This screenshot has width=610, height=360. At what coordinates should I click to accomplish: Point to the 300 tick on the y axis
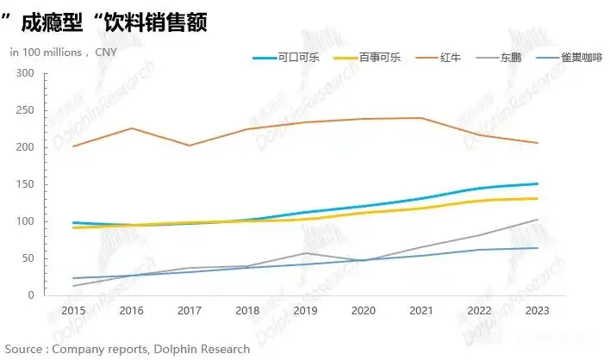tap(48, 73)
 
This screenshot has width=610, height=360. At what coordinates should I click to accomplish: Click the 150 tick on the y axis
tap(48, 184)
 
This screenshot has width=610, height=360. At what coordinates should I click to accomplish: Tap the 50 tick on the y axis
tap(51, 258)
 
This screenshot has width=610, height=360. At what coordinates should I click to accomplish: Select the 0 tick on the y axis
tap(53, 295)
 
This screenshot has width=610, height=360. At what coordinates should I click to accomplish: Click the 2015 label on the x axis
tap(73, 310)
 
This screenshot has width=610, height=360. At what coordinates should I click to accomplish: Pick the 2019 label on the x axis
tap(304, 310)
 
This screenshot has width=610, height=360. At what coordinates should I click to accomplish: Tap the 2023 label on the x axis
tap(538, 310)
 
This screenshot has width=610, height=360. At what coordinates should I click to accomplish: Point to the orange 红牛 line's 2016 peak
tap(131, 128)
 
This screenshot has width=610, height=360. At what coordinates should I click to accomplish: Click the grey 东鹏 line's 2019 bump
tap(304, 253)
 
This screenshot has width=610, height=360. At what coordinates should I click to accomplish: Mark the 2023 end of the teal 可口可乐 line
tap(538, 183)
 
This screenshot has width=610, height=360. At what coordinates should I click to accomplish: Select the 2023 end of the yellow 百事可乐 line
tap(538, 198)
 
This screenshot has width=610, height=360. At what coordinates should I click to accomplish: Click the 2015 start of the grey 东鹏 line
tap(73, 285)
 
